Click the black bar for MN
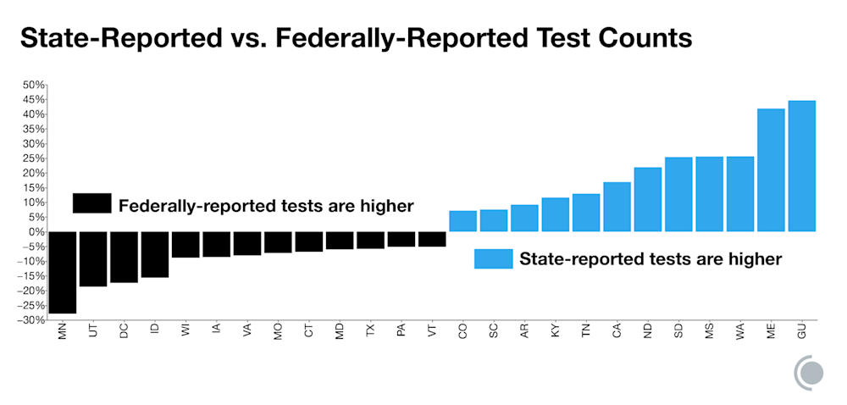click(62, 272)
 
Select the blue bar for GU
click(801, 166)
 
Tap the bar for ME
click(771, 169)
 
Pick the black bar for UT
click(93, 258)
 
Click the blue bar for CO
click(462, 221)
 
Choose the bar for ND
click(647, 199)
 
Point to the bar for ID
click(154, 254)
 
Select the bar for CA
click(617, 207)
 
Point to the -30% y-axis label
click(32, 319)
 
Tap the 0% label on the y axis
click(36, 231)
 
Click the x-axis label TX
click(370, 331)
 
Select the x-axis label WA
click(740, 331)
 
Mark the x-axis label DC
click(124, 331)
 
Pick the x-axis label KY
click(555, 331)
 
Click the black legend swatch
click(91, 204)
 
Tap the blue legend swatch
click(493, 258)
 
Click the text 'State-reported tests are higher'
click(650, 258)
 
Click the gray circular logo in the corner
click(811, 372)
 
